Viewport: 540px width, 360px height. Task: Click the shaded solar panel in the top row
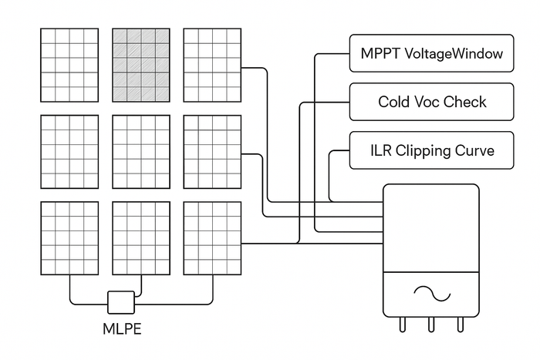[141, 66]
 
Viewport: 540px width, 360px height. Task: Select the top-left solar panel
[69, 66]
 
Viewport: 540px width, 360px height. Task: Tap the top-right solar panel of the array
[212, 66]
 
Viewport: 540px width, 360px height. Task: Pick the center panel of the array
[141, 152]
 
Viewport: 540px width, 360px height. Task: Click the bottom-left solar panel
[69, 238]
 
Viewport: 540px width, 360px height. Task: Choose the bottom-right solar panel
[212, 238]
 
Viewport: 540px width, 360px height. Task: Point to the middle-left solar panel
[69, 152]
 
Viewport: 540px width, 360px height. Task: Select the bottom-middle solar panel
[141, 238]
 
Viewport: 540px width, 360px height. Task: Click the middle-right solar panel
[212, 152]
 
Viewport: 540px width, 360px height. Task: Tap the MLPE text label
[123, 329]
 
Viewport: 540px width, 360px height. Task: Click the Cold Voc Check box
[431, 102]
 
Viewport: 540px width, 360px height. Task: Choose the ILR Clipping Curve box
[431, 150]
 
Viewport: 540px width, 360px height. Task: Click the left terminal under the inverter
[403, 325]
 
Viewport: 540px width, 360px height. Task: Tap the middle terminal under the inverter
[432, 325]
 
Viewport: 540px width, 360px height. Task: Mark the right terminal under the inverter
[461, 325]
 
